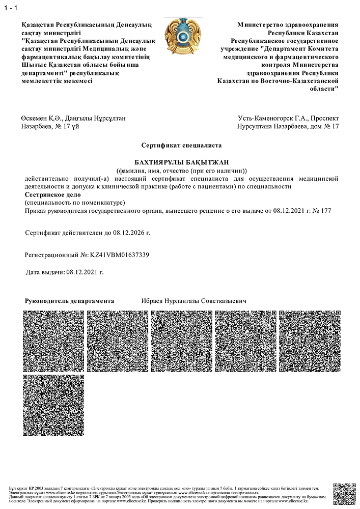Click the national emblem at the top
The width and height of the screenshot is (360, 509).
(x=180, y=38)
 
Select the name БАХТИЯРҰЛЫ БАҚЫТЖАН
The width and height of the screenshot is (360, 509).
(x=180, y=162)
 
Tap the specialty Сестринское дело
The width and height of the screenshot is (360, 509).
(x=51, y=194)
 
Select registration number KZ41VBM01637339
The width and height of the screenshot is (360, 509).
(x=120, y=254)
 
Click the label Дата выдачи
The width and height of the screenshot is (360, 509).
(x=45, y=272)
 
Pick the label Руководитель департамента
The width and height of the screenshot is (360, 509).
(x=69, y=301)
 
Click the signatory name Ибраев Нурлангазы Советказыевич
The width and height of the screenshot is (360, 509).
(x=193, y=301)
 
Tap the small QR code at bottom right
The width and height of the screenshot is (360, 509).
(x=344, y=494)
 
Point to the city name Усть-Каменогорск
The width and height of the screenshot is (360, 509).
(x=265, y=118)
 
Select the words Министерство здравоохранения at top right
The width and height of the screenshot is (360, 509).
(x=288, y=24)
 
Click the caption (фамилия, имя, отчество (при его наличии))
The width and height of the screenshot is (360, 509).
(x=181, y=170)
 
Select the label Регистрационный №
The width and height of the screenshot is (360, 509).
(x=56, y=254)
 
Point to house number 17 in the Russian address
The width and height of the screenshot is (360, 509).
(x=335, y=126)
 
